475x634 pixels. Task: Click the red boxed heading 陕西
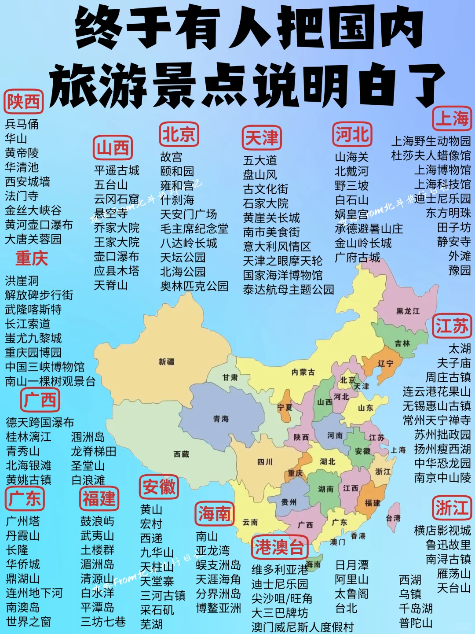[x=23, y=102]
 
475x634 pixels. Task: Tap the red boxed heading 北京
[x=179, y=134]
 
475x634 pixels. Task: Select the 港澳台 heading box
[x=279, y=547]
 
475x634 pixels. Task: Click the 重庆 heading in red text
[x=31, y=258]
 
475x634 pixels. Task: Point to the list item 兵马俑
[x=22, y=124]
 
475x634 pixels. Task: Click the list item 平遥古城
[x=117, y=170]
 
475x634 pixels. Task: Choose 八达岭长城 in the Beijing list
[x=189, y=243]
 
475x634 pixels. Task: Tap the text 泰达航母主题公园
[x=289, y=290]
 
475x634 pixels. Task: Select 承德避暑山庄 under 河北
[x=369, y=229]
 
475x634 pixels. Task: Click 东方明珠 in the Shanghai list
[x=448, y=213]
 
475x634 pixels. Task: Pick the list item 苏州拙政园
[x=442, y=435]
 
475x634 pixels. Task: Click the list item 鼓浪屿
[x=97, y=521]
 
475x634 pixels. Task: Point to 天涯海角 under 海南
[x=218, y=579]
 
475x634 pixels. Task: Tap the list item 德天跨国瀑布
[x=40, y=423]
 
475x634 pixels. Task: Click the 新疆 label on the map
[x=167, y=362]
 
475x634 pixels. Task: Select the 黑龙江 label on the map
[x=408, y=311]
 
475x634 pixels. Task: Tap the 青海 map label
[x=221, y=419]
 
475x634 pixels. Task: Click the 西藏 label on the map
[x=181, y=454]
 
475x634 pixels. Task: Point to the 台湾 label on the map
[x=393, y=518]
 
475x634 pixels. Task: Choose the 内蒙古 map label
[x=303, y=372]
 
